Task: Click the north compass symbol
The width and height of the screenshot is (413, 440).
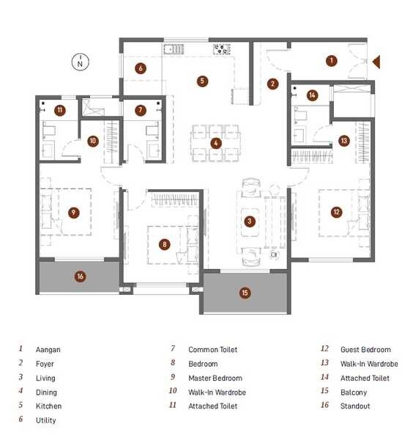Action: [x=79, y=61]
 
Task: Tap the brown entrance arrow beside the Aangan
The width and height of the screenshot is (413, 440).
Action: [x=376, y=62]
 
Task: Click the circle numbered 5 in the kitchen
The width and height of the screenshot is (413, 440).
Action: [x=203, y=81]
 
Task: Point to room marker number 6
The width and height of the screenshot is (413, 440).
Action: [x=140, y=69]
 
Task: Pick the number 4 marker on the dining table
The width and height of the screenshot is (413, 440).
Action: [x=216, y=143]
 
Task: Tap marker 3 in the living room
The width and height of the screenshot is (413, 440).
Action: [x=250, y=221]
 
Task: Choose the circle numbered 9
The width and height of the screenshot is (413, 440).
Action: [x=73, y=212]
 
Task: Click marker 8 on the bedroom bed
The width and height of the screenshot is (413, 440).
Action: [x=165, y=244]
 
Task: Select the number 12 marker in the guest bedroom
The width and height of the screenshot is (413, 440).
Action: [x=336, y=212]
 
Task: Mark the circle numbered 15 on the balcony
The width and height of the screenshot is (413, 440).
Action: [x=245, y=293]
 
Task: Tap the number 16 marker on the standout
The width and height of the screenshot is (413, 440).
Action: [x=81, y=276]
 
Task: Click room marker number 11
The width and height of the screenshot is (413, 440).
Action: [x=59, y=111]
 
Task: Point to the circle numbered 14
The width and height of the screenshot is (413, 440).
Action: [x=312, y=95]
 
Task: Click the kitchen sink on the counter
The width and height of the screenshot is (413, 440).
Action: [x=173, y=49]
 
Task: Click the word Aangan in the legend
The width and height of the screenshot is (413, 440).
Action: [x=48, y=350]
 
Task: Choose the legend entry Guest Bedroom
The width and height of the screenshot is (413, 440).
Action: [x=365, y=350]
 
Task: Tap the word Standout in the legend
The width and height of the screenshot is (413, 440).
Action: [x=355, y=406]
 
